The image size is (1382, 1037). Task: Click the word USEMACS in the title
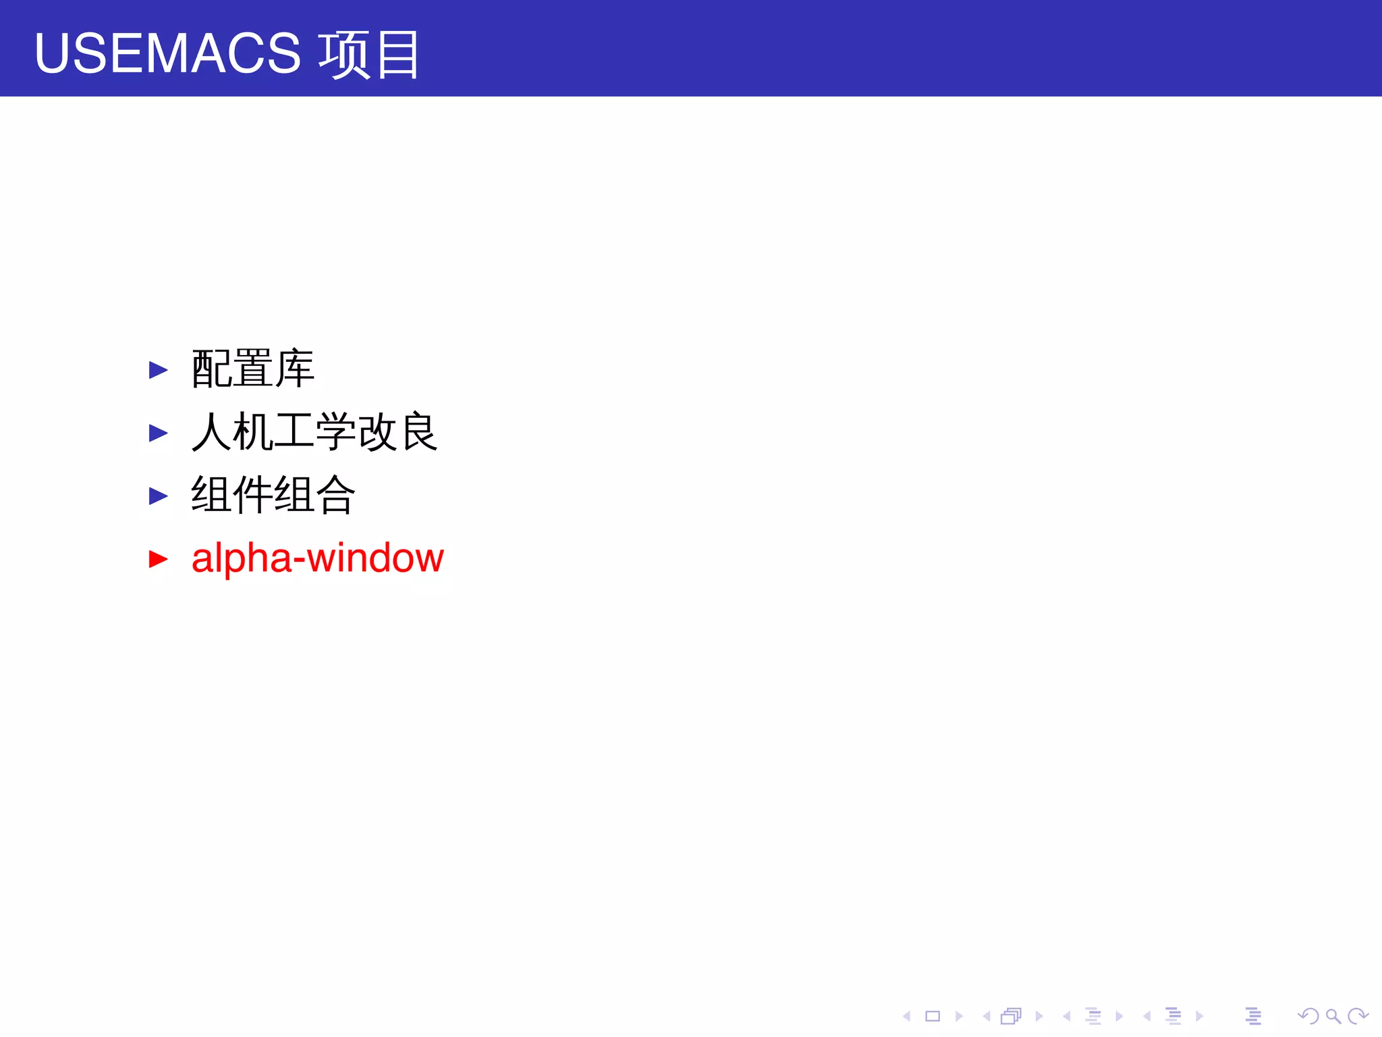click(x=167, y=54)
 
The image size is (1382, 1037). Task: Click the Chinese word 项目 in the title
click(x=369, y=54)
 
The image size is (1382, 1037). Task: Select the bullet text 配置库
click(x=253, y=369)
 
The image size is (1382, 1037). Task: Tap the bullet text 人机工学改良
click(x=314, y=432)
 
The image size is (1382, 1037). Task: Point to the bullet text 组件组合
click(x=273, y=495)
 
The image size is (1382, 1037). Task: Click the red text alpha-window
click(x=317, y=558)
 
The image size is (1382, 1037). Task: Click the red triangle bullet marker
click(x=158, y=559)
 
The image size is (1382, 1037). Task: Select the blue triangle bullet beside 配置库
click(x=158, y=370)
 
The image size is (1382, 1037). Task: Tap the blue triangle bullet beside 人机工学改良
click(x=158, y=433)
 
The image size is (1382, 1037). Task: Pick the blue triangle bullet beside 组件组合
click(x=158, y=496)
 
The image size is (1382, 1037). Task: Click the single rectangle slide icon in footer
click(x=933, y=1016)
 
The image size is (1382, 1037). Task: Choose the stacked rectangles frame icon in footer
click(x=1011, y=1016)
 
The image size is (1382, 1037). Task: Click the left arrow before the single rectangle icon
click(x=907, y=1016)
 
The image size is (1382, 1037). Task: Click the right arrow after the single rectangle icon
click(x=959, y=1016)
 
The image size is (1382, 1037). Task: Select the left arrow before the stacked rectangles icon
click(x=987, y=1016)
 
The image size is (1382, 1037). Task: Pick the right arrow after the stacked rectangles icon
click(x=1039, y=1016)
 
